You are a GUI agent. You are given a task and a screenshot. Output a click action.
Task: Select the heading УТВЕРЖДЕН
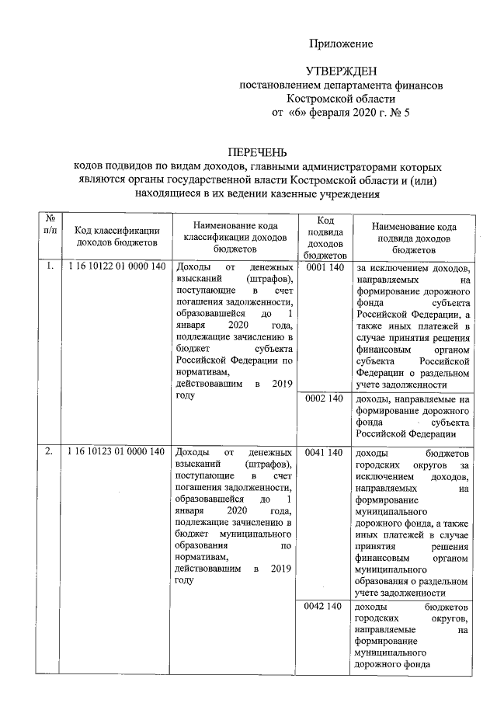(x=342, y=71)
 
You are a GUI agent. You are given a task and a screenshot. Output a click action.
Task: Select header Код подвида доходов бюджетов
(x=325, y=236)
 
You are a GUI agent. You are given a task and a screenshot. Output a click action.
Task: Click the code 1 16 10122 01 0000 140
(x=116, y=267)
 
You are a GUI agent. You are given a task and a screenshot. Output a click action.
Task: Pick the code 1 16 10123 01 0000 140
(x=116, y=452)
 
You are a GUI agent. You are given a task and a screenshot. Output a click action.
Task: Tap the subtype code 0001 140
(x=325, y=267)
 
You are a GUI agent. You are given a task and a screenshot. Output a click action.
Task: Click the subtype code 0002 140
(x=325, y=398)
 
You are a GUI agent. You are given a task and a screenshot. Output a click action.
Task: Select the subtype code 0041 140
(x=325, y=452)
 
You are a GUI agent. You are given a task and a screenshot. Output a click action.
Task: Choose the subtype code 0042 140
(x=325, y=606)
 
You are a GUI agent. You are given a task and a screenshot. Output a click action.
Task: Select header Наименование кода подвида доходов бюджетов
(x=413, y=236)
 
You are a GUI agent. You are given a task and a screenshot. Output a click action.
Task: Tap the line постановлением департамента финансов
(x=342, y=85)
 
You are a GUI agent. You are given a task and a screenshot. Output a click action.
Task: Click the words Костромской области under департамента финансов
(x=342, y=99)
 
